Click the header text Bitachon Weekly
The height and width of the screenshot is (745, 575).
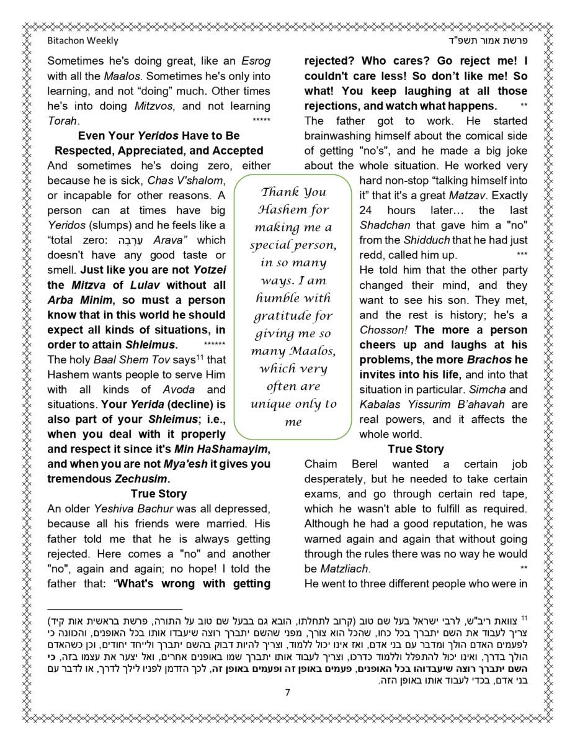pos(82,41)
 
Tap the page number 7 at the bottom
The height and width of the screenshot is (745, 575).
pos(287,693)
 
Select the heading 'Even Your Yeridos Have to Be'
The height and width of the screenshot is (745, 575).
pos(159,136)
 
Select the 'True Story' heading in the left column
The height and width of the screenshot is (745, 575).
pos(159,494)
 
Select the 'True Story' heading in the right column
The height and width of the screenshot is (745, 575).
pos(416,449)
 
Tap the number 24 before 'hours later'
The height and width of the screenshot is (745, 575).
pos(367,210)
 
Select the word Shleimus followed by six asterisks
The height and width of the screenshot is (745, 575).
pos(151,345)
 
